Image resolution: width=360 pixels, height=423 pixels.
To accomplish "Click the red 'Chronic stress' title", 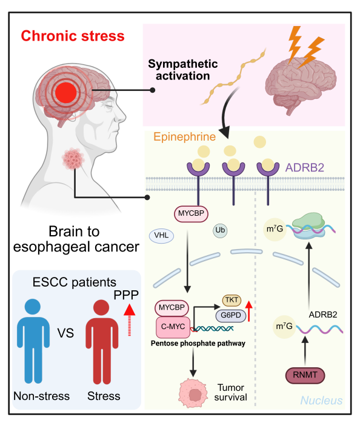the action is click(73, 36).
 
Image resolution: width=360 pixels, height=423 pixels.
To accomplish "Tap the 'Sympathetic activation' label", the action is click(182, 70).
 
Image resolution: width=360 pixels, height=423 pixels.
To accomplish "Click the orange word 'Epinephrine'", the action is click(185, 137).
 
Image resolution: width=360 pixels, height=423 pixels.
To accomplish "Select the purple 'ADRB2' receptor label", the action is click(305, 167).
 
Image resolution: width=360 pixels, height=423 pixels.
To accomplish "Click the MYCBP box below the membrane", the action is click(191, 214).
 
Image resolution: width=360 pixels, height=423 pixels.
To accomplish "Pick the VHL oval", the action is click(161, 236).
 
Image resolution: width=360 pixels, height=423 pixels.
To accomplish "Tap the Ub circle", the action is click(220, 230).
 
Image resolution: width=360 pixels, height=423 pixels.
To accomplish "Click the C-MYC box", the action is click(173, 327).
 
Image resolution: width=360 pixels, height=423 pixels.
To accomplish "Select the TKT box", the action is click(232, 300).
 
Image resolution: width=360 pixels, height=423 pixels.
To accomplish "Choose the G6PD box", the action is click(231, 315).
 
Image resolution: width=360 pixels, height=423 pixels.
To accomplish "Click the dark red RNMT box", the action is click(305, 375).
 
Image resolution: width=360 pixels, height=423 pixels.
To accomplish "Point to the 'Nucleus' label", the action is click(321, 401).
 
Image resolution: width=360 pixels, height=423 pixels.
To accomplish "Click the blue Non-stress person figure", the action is click(33, 341).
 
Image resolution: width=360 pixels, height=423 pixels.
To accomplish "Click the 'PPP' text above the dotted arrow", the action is click(126, 295).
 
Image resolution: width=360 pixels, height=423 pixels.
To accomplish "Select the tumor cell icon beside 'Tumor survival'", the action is click(193, 393).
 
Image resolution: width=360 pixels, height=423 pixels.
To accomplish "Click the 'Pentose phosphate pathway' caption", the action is click(198, 344).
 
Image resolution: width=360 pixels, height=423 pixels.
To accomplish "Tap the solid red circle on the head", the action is click(66, 93).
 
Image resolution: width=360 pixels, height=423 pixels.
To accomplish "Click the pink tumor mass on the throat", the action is click(73, 159).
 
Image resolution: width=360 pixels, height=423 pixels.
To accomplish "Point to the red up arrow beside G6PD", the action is click(249, 311).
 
